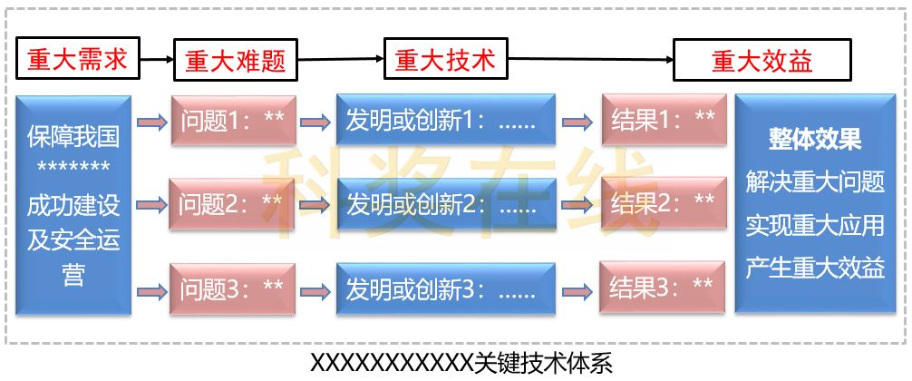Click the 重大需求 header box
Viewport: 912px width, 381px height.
coord(75,61)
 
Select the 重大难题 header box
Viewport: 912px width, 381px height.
coord(235,62)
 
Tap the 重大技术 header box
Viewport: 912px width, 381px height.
coord(445,61)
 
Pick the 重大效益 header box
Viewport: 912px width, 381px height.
coord(762,61)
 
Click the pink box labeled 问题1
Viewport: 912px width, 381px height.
coord(233,119)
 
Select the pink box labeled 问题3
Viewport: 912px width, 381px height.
coord(233,289)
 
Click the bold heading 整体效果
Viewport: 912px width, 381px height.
coord(815,140)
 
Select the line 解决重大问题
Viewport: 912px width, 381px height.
coord(815,182)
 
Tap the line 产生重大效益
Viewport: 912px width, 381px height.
coord(815,268)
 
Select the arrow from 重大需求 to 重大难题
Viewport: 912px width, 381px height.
coord(157,61)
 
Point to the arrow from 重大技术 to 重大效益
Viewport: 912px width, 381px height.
coord(588,61)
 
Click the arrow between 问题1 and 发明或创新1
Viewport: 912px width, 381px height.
coord(316,120)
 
